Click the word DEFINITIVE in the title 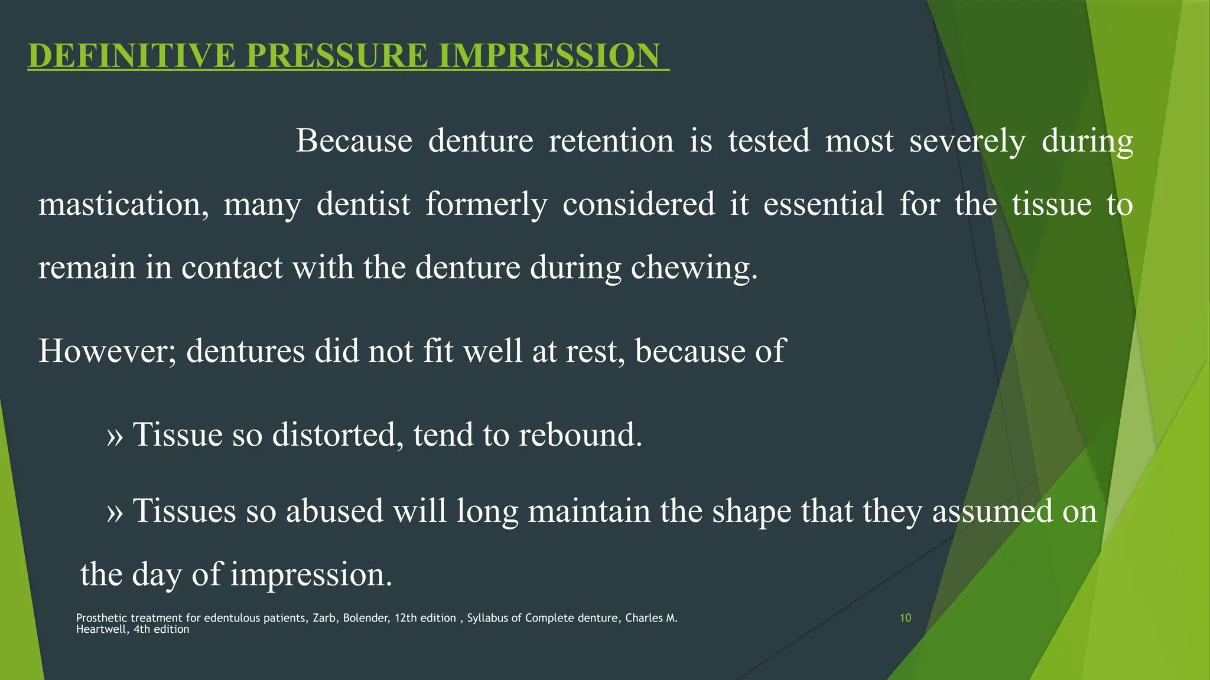[x=131, y=55]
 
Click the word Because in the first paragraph [x=354, y=141]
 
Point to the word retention [x=611, y=141]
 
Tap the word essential [x=824, y=204]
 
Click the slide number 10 [x=905, y=618]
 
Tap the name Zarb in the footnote [x=325, y=618]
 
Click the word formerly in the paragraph [x=486, y=204]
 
